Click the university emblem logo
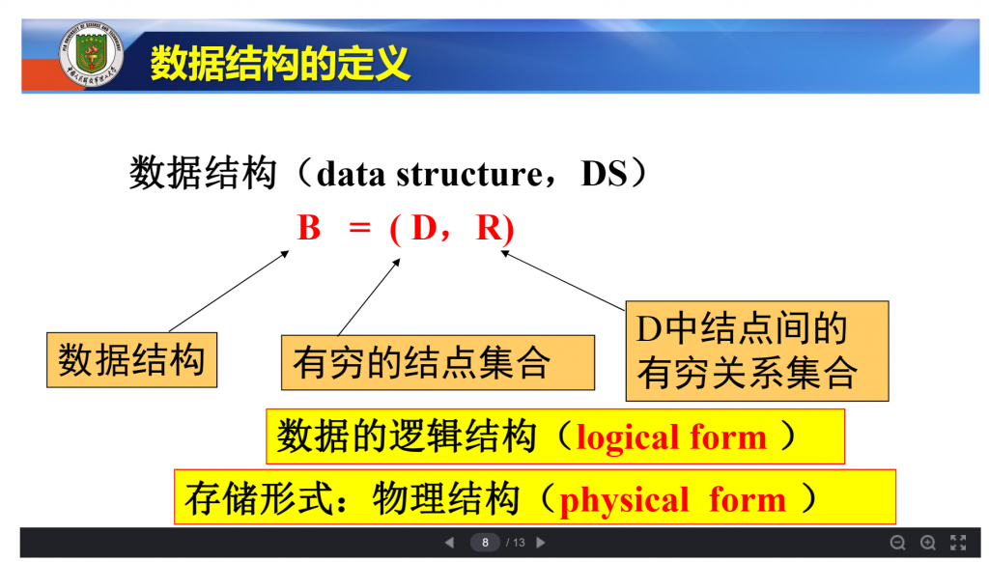point(91,54)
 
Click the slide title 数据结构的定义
point(280,63)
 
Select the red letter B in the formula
point(309,228)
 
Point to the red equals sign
point(359,228)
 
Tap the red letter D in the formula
point(425,228)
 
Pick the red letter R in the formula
point(489,228)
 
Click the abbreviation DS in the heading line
point(605,174)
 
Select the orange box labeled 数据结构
point(131,359)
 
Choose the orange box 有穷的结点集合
point(438,363)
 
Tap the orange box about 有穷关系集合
point(757,351)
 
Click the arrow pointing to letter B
point(229,292)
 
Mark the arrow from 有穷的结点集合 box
point(369,297)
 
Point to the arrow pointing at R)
point(563,280)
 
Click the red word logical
point(630,437)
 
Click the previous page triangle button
point(449,543)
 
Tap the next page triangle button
point(541,543)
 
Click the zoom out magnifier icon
point(897,543)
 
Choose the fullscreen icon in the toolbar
point(958,543)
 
